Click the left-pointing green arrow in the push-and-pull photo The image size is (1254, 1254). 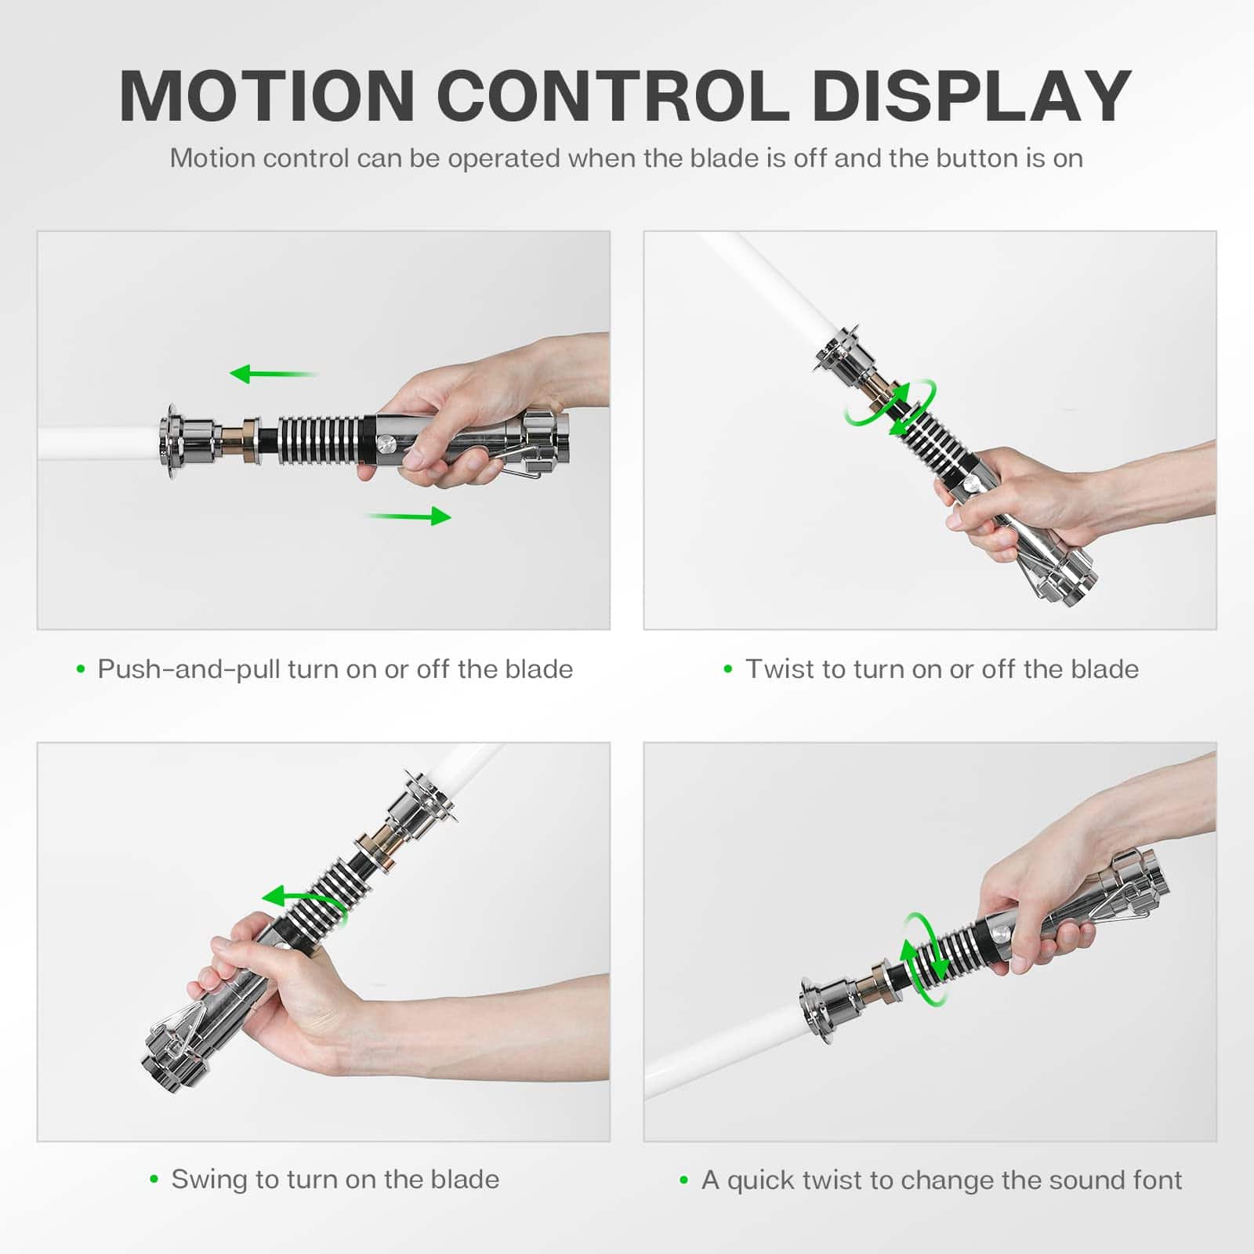tap(274, 374)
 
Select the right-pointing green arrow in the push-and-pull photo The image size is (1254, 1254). tap(408, 516)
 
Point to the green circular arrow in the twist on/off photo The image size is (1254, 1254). tap(890, 407)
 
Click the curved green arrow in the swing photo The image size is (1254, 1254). tap(302, 900)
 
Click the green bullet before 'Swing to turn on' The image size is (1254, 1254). tap(154, 1180)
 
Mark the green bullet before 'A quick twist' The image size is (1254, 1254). tap(683, 1180)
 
